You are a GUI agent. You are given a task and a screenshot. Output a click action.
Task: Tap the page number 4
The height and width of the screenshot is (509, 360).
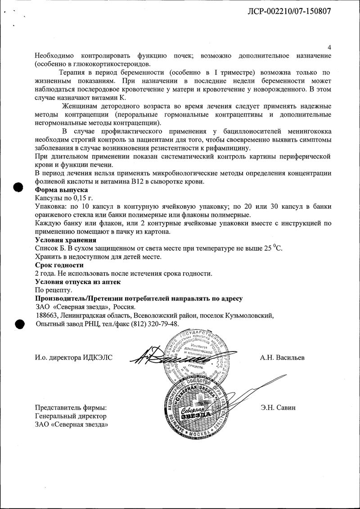pos(329,48)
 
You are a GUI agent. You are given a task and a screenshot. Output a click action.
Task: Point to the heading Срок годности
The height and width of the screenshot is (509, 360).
pos(59,265)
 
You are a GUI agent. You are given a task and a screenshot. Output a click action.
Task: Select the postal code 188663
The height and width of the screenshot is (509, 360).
pos(46,315)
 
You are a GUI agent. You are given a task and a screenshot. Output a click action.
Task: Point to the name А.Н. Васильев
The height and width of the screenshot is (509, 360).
pos(282,358)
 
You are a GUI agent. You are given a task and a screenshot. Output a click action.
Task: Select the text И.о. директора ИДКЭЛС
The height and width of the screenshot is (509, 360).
pos(73,358)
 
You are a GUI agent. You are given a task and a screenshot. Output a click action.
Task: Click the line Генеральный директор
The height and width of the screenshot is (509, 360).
pos(71,416)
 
